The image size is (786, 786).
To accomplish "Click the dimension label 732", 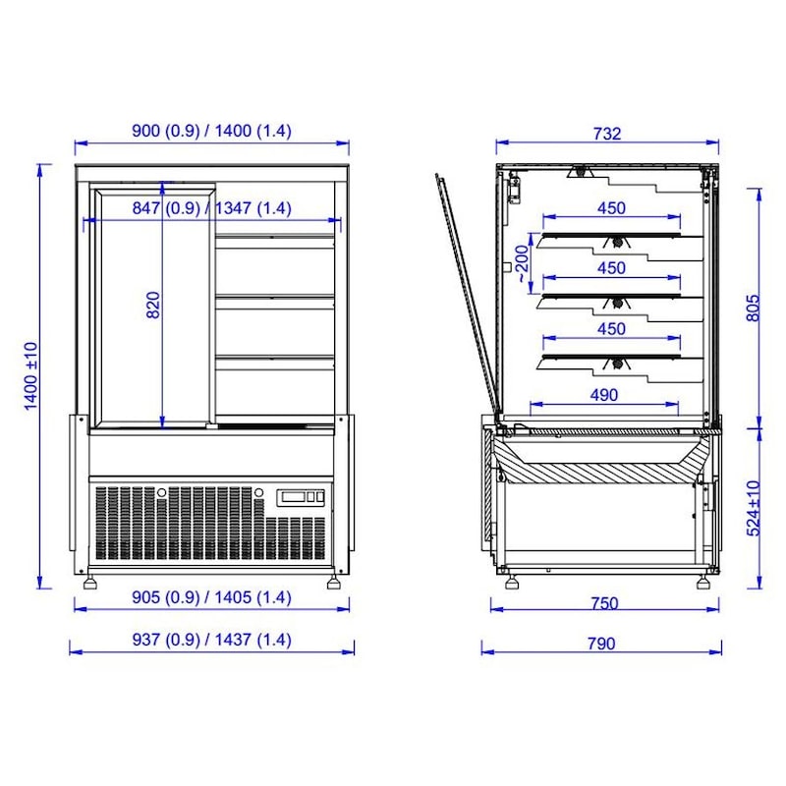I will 607,135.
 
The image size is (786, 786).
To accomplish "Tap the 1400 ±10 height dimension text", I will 30,375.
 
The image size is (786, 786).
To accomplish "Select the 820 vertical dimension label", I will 152,308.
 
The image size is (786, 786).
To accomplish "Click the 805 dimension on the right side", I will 753,308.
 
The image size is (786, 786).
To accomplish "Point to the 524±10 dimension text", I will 753,508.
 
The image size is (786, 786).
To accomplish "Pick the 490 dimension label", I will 604,395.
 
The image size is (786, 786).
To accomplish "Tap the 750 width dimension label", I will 605,602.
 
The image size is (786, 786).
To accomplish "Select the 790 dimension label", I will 600,644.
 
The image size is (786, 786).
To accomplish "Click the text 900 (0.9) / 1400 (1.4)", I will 211,131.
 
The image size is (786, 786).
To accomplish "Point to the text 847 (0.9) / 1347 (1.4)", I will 211,208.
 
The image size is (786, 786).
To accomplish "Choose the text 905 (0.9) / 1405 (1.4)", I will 211,597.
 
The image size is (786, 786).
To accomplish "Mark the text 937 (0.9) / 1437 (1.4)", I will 211,640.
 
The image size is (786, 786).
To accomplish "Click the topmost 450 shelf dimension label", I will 611,208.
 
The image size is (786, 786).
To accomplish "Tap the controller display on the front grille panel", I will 301,497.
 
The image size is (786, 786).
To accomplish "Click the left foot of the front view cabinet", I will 91,582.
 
